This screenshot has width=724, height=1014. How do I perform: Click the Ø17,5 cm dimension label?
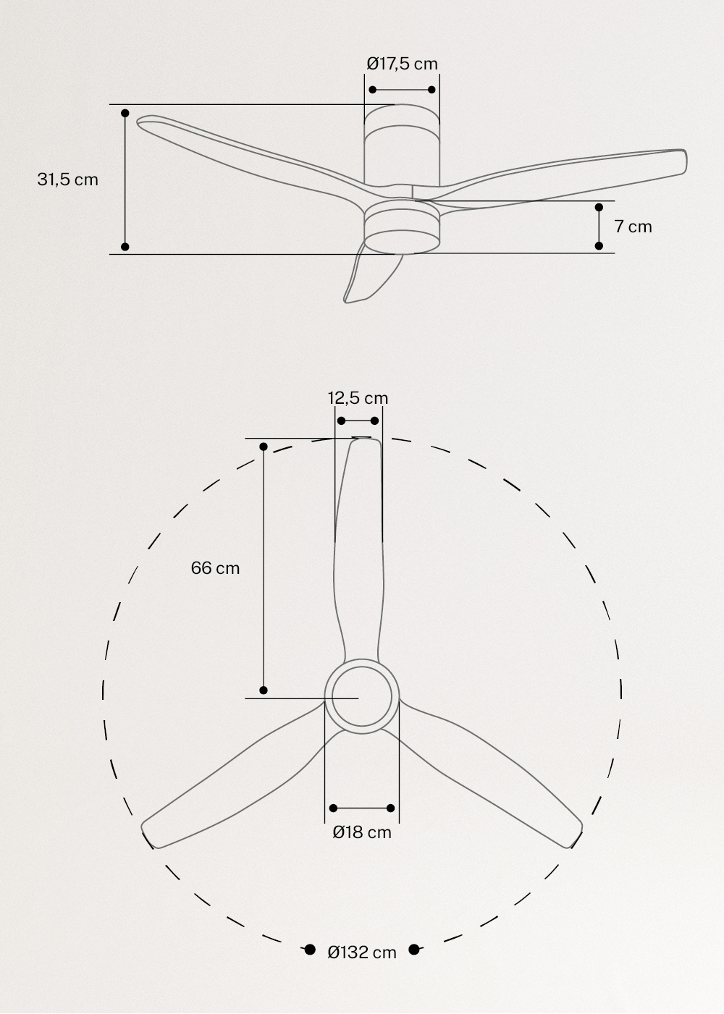click(402, 64)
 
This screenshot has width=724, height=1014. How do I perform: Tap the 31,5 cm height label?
click(67, 179)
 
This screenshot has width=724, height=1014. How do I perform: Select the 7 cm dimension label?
click(633, 227)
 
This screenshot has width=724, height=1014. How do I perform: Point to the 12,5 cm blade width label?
click(358, 398)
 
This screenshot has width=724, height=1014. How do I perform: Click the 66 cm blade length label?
click(215, 568)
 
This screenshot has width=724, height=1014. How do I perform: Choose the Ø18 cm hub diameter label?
click(362, 832)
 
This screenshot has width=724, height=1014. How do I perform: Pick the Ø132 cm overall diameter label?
click(362, 952)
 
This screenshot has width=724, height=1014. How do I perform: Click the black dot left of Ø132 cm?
click(310, 950)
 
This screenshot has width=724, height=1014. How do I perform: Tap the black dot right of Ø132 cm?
click(414, 950)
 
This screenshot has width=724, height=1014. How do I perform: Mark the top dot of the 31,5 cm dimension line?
click(125, 114)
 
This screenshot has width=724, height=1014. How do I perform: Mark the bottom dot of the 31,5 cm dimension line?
click(125, 247)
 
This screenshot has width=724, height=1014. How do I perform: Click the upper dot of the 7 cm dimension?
click(599, 208)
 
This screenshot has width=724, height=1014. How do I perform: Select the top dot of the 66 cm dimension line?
click(264, 447)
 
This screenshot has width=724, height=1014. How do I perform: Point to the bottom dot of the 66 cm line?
click(264, 690)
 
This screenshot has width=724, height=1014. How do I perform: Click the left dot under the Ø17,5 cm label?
click(373, 90)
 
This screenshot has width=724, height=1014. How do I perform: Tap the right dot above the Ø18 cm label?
click(391, 808)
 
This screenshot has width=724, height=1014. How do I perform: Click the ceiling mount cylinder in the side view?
click(402, 145)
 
